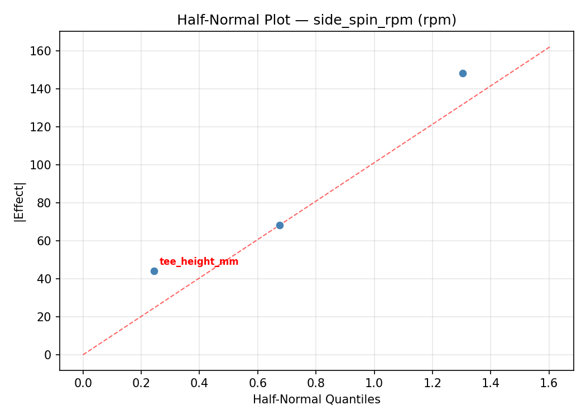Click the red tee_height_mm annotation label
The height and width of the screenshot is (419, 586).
pyautogui.click(x=199, y=261)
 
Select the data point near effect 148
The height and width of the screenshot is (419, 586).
pyautogui.click(x=463, y=73)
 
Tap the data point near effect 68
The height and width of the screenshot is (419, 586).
pyautogui.click(x=280, y=225)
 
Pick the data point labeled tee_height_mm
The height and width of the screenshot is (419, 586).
pyautogui.click(x=154, y=271)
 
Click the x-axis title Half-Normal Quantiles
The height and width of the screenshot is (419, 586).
pyautogui.click(x=316, y=399)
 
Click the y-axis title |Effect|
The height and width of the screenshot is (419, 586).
pyautogui.click(x=20, y=201)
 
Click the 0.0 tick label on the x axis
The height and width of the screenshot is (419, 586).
pyautogui.click(x=83, y=383)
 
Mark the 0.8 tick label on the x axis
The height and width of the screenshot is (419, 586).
pyautogui.click(x=316, y=383)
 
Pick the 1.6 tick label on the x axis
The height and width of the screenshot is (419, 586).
pyautogui.click(x=549, y=383)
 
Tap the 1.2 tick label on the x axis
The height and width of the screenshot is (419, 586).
pyautogui.click(x=433, y=383)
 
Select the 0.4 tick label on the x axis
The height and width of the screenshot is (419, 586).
pyautogui.click(x=199, y=383)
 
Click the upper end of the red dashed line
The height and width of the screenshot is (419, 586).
pyautogui.click(x=550, y=47)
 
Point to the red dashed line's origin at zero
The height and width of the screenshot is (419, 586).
pyautogui.click(x=83, y=355)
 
